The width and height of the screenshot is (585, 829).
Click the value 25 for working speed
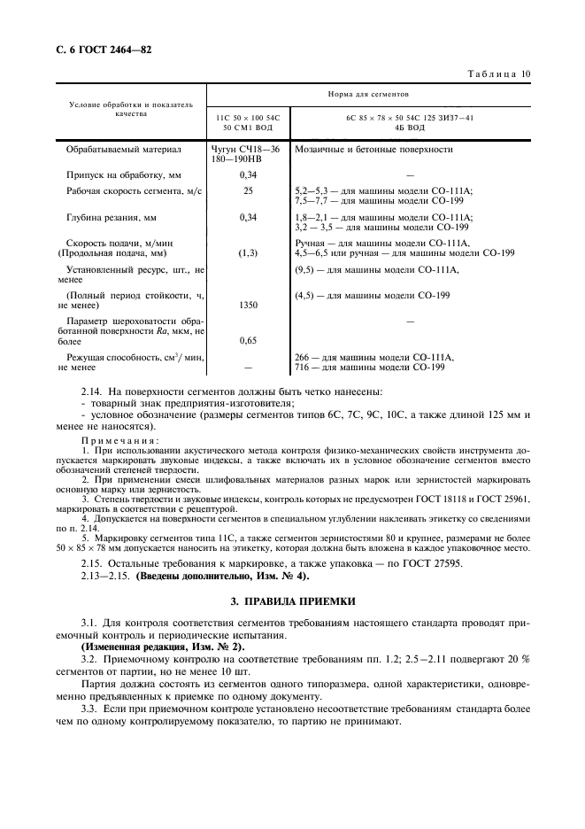248,190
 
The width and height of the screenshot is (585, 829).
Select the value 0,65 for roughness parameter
248,339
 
